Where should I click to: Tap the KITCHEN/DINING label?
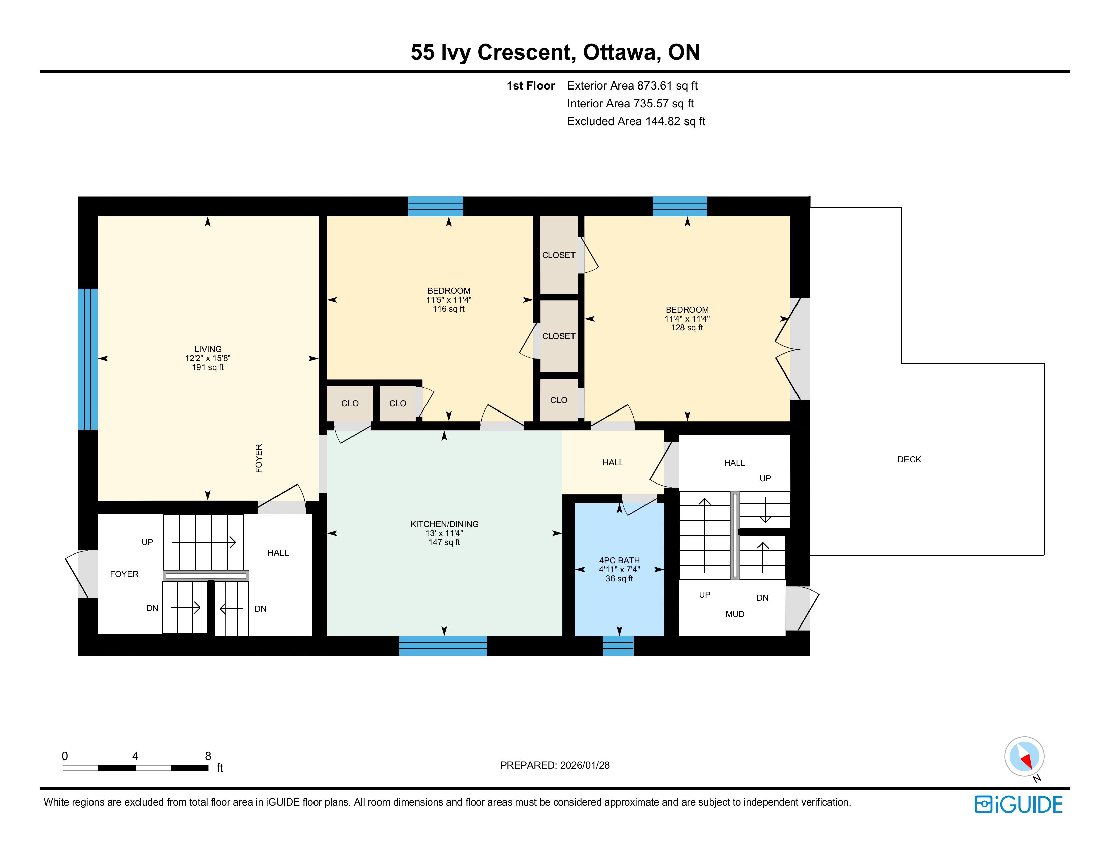(445, 524)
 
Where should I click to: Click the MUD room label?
(735, 614)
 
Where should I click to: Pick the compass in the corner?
(1025, 756)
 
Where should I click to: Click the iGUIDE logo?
(1019, 805)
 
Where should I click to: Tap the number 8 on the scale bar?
(208, 756)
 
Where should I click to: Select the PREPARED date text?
(555, 765)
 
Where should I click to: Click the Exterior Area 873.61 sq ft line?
(632, 86)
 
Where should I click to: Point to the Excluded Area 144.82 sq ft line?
(636, 121)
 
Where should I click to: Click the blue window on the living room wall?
(87, 359)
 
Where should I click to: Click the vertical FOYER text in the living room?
(259, 459)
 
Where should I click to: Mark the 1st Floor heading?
(530, 86)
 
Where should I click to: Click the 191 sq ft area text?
(208, 367)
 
